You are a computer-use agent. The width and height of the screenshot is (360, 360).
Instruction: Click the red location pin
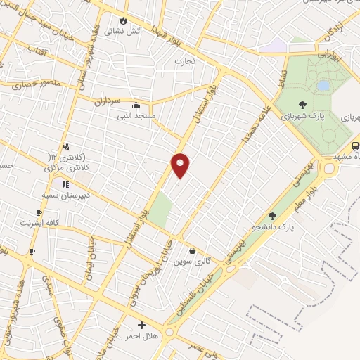[181, 165]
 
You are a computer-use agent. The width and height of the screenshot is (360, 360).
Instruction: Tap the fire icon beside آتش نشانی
[124, 21]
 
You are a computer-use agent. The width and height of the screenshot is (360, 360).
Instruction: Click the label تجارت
[184, 61]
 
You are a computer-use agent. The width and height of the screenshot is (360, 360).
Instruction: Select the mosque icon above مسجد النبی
[145, 104]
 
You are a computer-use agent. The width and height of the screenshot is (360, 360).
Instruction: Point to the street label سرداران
[108, 100]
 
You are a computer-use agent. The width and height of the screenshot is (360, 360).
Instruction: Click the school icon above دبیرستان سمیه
[65, 184]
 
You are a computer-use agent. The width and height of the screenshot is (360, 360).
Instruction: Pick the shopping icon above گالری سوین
[192, 250]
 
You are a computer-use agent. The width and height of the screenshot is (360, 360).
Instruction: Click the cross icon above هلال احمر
[142, 325]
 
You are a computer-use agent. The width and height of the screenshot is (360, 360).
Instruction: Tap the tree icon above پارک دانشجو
[272, 216]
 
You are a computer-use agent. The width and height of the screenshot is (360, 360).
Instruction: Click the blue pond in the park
[323, 85]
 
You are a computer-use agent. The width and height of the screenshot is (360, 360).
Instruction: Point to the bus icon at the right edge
[355, 146]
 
